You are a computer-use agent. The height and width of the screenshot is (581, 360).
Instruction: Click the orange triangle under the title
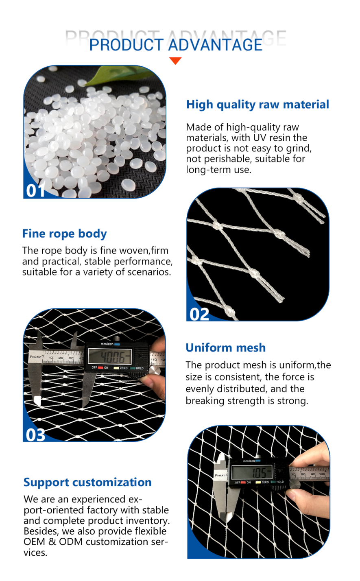click(x=175, y=61)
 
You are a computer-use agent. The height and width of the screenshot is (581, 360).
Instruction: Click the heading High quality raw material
click(x=257, y=105)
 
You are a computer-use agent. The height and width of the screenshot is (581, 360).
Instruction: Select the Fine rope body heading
click(x=65, y=234)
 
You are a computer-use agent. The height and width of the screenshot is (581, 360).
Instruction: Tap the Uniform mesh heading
click(x=226, y=347)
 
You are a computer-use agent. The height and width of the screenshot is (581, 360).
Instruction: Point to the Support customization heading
click(x=87, y=483)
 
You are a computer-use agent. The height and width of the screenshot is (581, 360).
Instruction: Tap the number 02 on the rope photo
click(x=199, y=315)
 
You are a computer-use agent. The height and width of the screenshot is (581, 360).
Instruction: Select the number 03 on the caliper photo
click(x=35, y=435)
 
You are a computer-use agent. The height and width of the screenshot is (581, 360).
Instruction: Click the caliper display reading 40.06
click(x=110, y=356)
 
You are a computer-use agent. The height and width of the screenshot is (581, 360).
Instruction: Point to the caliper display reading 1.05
click(x=251, y=472)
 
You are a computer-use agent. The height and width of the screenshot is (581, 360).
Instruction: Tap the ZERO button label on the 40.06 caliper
click(x=124, y=368)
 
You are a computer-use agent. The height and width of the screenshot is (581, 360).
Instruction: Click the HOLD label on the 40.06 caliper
click(x=140, y=368)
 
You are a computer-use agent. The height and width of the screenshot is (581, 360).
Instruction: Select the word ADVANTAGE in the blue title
click(x=215, y=45)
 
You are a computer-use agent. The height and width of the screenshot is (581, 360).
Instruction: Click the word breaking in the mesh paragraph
click(x=205, y=401)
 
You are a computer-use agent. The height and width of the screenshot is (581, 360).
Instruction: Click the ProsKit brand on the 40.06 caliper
click(x=35, y=357)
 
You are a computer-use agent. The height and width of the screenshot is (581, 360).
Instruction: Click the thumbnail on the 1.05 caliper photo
click(x=295, y=496)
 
